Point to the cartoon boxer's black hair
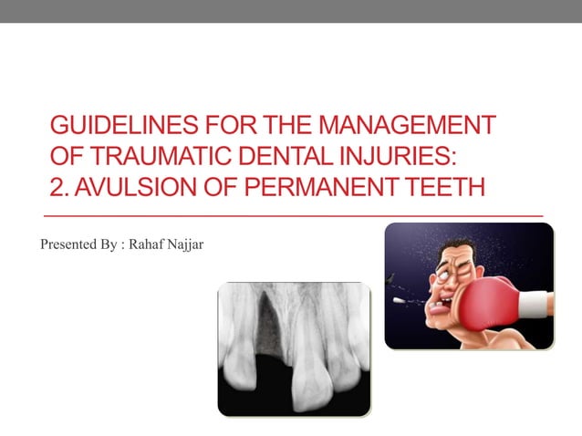(461, 247)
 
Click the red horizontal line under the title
(292, 215)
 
